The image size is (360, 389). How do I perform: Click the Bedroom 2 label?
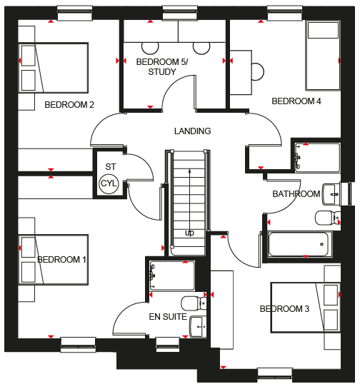[x=69, y=105]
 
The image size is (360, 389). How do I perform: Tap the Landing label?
[x=192, y=131]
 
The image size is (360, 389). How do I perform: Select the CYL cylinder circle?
[x=109, y=184]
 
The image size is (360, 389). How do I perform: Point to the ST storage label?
[x=111, y=167]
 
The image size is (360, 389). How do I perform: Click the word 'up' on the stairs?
[x=189, y=233]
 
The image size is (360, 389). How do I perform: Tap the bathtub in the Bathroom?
[x=300, y=244]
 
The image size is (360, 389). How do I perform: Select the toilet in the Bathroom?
[x=328, y=218]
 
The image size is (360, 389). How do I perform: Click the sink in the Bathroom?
[x=331, y=194]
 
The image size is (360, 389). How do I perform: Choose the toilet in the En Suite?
[x=194, y=303]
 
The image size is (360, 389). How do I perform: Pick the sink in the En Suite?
[x=198, y=327]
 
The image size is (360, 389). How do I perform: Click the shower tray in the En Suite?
[x=172, y=276]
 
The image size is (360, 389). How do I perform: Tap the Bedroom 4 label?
[x=296, y=101]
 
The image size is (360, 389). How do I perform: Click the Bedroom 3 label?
[x=284, y=309]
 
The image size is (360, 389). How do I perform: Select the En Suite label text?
[x=168, y=317]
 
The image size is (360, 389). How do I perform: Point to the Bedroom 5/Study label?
[x=162, y=66]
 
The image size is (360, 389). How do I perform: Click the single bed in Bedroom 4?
[x=323, y=56]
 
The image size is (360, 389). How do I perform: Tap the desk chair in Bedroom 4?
[x=257, y=72]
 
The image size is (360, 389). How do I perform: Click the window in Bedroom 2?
[x=75, y=13]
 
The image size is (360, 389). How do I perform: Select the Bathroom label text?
[x=296, y=194]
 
